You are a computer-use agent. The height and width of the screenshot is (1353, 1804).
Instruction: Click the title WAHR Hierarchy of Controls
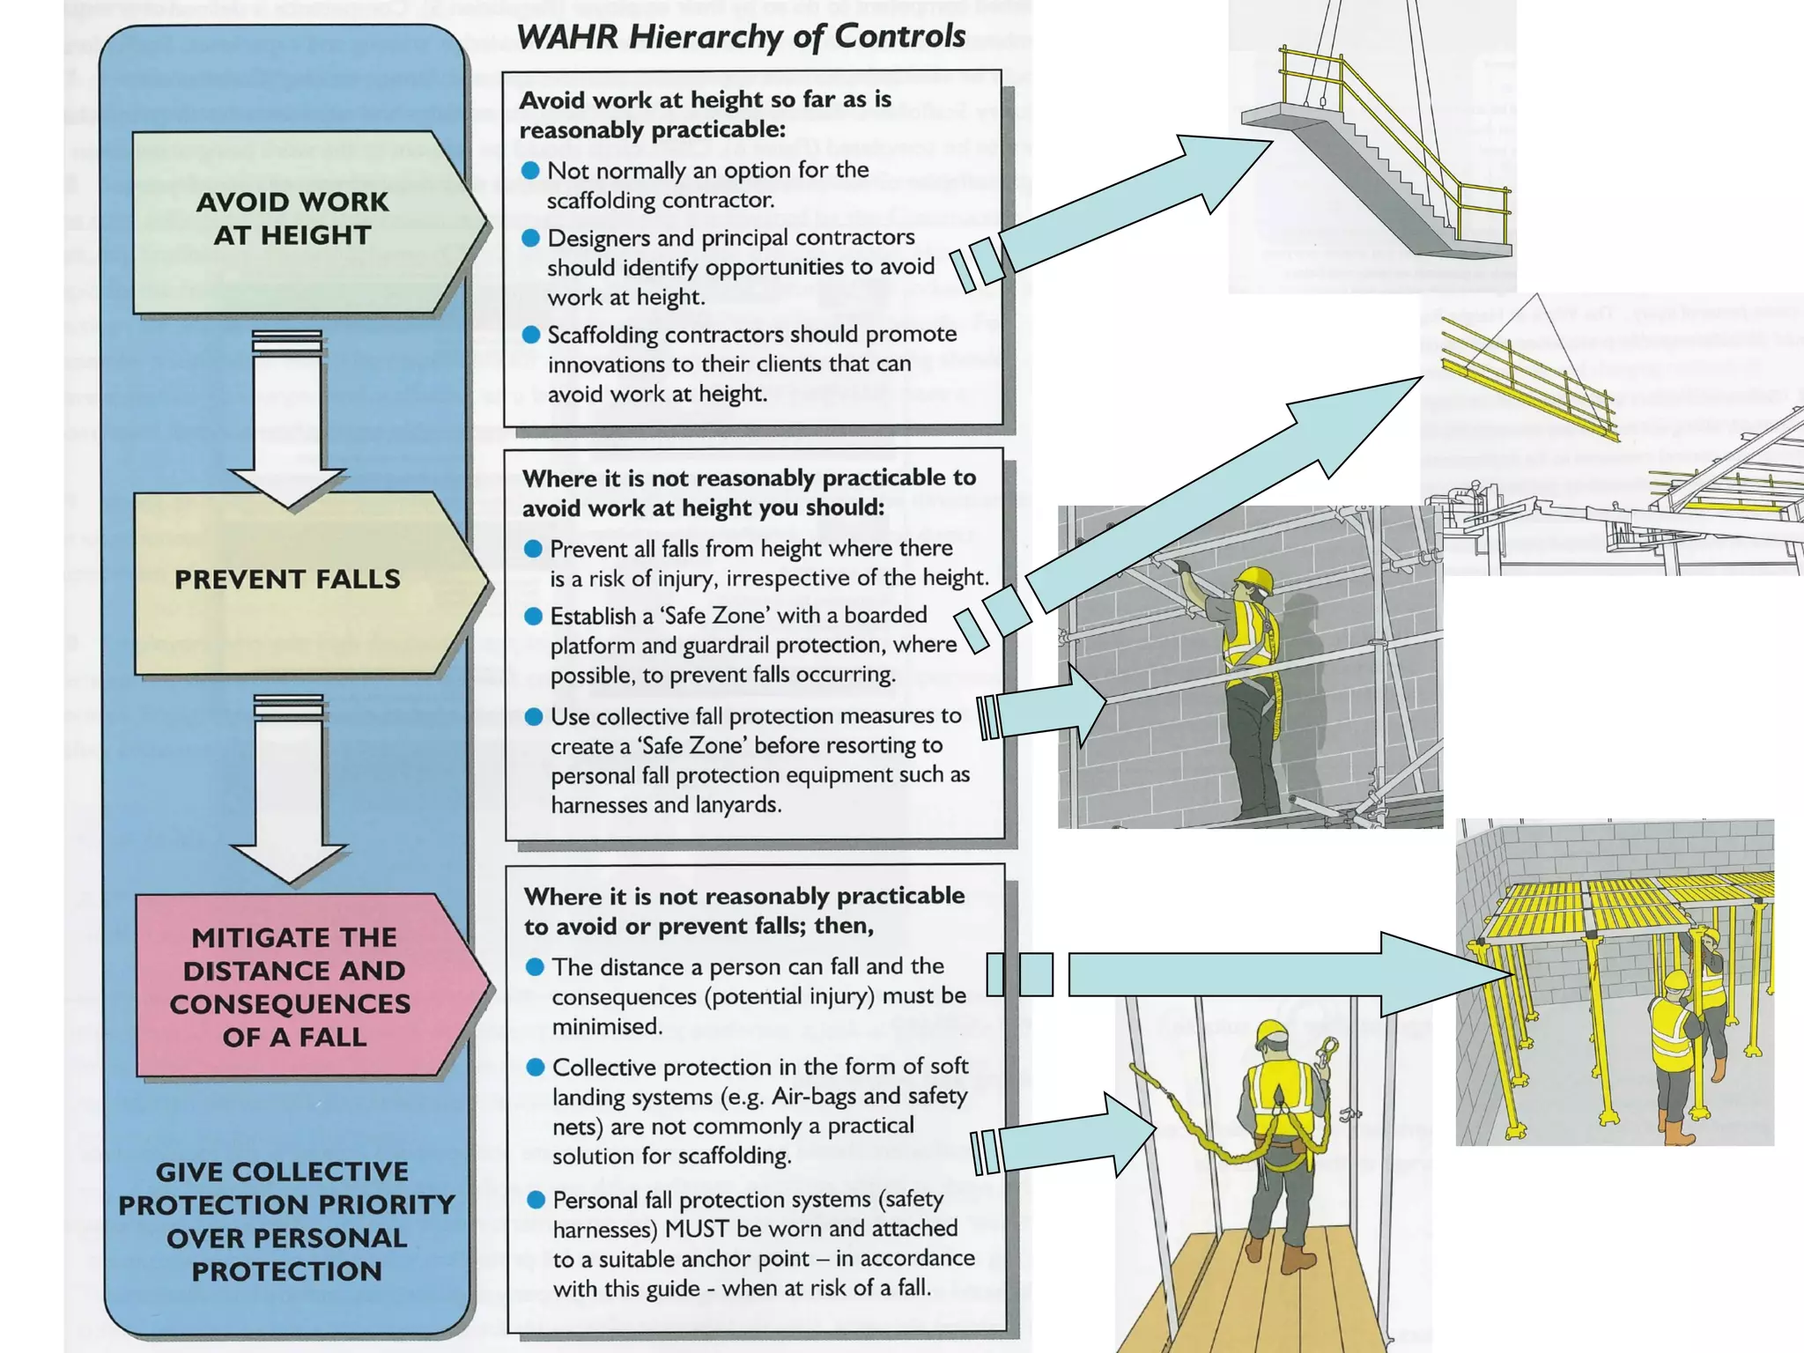coord(741,36)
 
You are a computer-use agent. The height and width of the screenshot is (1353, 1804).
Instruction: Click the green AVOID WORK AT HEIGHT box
coord(295,220)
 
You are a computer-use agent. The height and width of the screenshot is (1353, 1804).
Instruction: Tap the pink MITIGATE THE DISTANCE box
coord(295,987)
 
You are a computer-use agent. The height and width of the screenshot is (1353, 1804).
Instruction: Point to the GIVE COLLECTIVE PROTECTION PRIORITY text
coord(287,1221)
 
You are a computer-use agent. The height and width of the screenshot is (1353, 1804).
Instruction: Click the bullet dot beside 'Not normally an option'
coord(530,170)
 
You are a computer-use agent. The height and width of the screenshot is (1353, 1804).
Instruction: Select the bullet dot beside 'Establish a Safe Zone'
coord(533,616)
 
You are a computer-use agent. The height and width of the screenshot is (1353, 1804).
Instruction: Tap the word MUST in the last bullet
coord(696,1229)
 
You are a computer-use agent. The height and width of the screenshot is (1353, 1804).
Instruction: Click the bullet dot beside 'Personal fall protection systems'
coord(536,1200)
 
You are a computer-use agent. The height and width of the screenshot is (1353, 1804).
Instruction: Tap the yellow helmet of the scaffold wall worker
coord(1256,579)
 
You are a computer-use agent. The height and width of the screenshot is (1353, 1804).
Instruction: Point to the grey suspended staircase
coord(1374,176)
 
